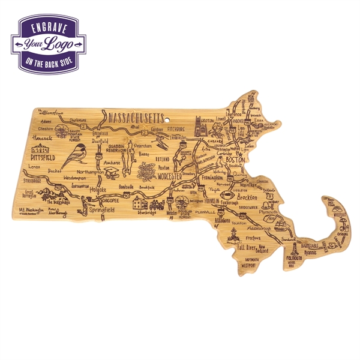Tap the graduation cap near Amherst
(113, 173)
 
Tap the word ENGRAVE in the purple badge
(47, 29)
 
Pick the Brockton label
(247, 197)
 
